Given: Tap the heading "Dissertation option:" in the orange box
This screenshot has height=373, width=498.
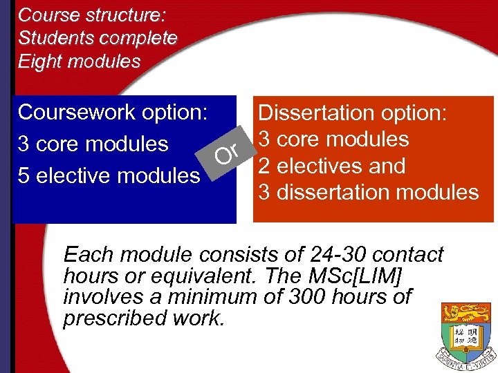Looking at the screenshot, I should coord(353,113).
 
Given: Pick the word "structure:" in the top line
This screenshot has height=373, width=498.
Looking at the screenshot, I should coord(122,15).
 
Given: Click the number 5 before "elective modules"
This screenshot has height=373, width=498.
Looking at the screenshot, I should coord(24,175).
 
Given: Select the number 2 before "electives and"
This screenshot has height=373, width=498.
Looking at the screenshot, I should coord(264,166).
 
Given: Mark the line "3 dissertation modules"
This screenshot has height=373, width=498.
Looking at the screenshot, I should coord(369,192).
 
